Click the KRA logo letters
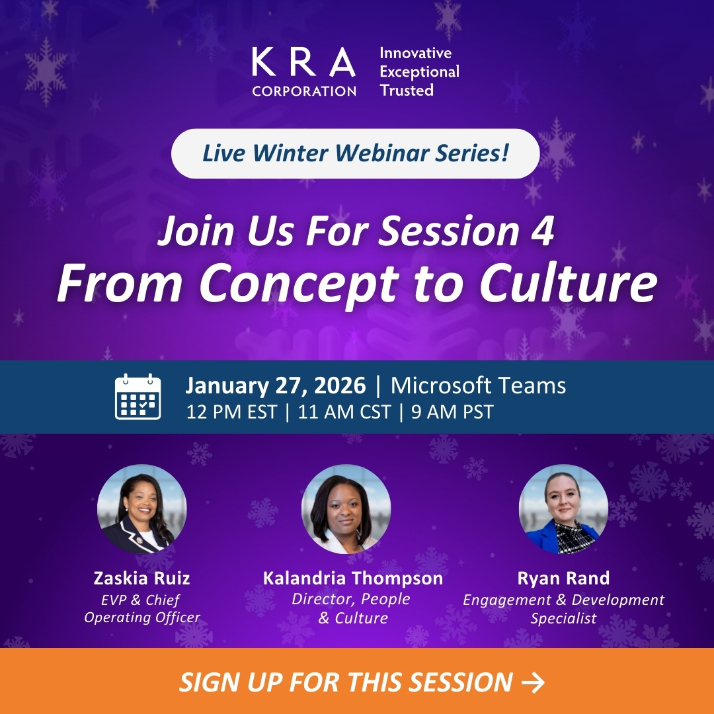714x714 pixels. coord(303,63)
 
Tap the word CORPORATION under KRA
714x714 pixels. coord(303,91)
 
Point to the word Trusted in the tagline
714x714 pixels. coord(407,90)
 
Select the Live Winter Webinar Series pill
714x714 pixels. coord(356,153)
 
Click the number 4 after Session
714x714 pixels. coord(543,233)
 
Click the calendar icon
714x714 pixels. coord(138,397)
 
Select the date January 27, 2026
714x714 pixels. coord(275,385)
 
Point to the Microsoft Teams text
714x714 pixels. coord(478,385)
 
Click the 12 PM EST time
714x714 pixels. coord(231,413)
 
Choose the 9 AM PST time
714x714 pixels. coord(452,413)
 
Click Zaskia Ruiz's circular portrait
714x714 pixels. coord(142,509)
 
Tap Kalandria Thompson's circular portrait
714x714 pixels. coord(346,509)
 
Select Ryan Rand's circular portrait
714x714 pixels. coord(563,509)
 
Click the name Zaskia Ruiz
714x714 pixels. coord(142,578)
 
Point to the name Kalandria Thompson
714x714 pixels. coord(353,578)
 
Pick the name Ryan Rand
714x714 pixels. coord(563,578)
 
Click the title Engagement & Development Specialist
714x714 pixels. coord(563,609)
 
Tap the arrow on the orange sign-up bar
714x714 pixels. coord(533,682)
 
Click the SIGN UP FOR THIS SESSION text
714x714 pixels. coord(346,682)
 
